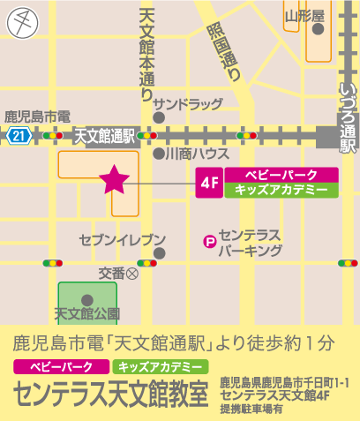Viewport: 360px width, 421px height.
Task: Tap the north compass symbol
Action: tap(22, 21)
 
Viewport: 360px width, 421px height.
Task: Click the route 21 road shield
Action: tap(19, 135)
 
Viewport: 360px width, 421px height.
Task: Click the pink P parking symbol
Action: tap(210, 240)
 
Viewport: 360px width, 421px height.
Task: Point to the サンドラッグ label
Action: tap(187, 103)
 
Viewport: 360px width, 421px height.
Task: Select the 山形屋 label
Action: tap(304, 15)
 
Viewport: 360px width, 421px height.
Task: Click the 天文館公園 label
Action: tap(87, 312)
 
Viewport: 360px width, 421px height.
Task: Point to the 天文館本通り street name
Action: tap(146, 49)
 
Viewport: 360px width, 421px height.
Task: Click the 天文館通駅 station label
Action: tap(103, 136)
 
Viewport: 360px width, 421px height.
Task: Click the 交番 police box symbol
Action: tap(133, 274)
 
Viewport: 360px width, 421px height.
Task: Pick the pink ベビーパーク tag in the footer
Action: tap(56, 366)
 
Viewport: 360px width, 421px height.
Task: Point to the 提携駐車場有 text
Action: tap(251, 409)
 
